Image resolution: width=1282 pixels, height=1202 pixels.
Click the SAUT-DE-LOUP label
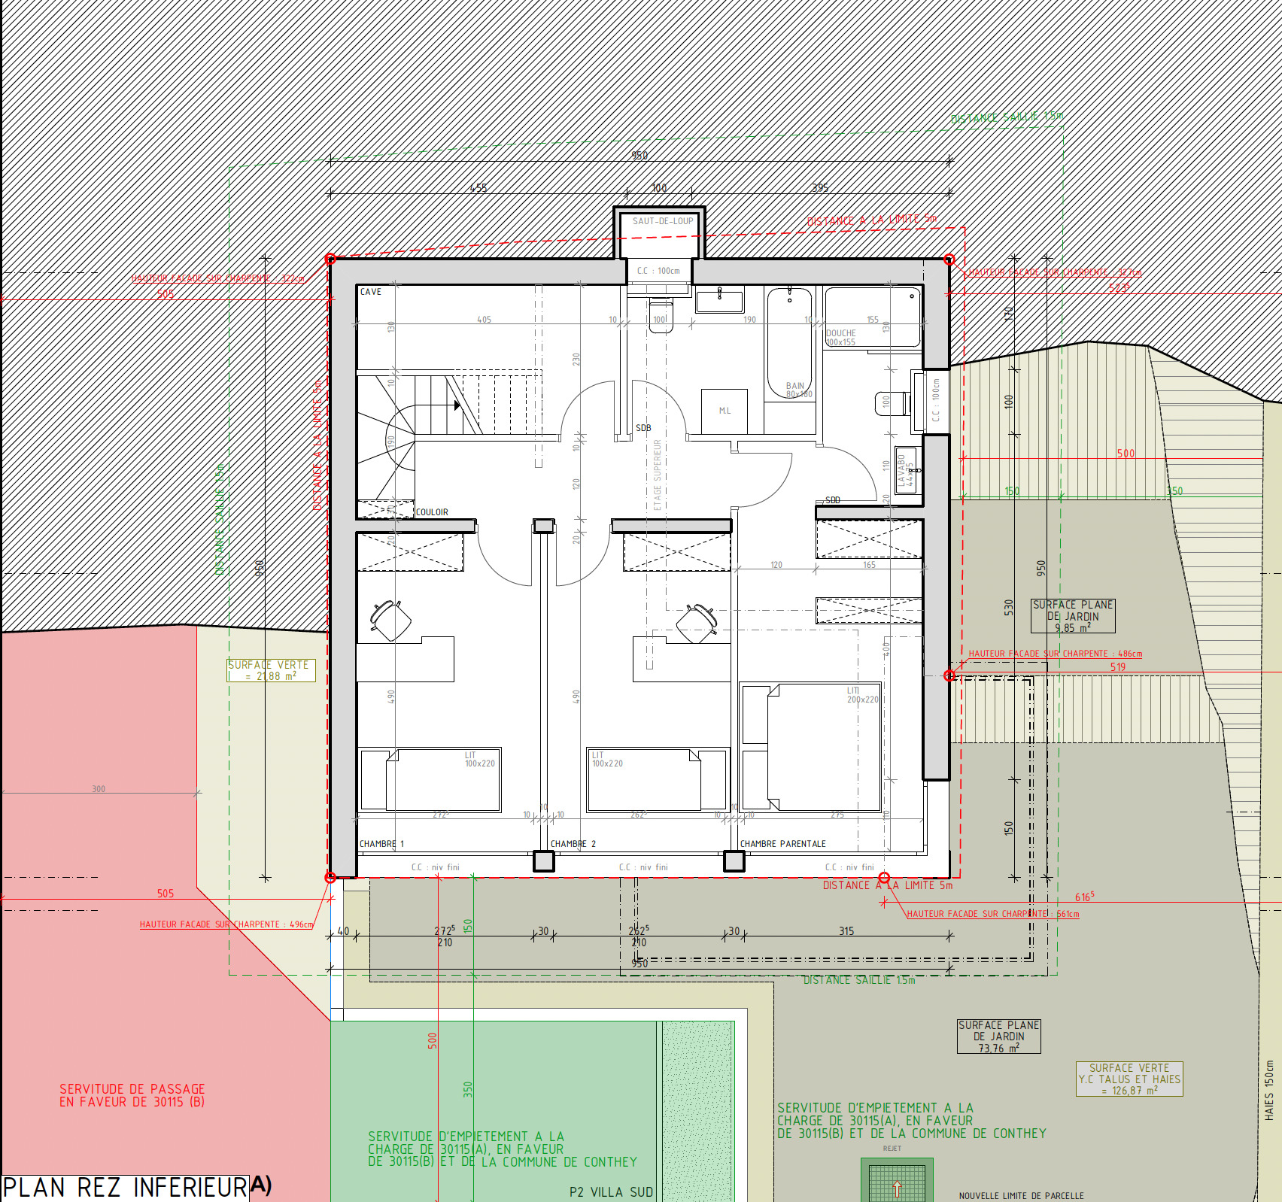coord(662,221)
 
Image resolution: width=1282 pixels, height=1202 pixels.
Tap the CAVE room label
coord(370,292)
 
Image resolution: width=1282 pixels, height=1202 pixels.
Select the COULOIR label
coord(432,512)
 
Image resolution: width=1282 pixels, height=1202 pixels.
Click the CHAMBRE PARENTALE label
coord(782,844)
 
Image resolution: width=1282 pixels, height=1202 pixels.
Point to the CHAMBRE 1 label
coord(381,844)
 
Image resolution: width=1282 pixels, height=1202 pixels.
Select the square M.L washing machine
coord(724,411)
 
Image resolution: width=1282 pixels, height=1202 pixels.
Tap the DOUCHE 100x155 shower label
coord(841,337)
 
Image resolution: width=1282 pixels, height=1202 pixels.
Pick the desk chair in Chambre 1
coord(390,621)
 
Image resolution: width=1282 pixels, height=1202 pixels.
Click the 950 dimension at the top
coord(639,156)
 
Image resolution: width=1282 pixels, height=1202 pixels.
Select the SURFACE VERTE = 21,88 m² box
coord(272,670)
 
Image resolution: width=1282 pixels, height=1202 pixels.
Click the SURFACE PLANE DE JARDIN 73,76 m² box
coord(998,1037)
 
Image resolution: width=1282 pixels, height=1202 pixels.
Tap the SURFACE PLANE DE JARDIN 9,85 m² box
coord(1072,616)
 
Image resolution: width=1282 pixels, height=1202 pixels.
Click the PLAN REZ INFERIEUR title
coord(125,1188)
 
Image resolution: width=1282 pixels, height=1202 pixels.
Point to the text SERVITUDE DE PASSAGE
coord(132,1089)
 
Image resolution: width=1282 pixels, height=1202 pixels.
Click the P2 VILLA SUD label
coord(611,1192)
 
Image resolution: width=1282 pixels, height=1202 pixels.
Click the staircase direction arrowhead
coord(457,405)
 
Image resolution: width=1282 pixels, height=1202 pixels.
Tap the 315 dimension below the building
coord(846,931)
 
